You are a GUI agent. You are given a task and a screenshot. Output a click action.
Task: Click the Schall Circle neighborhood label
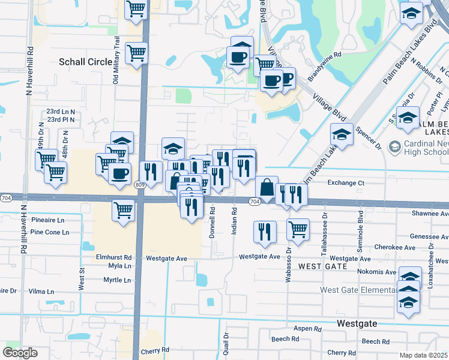point(85,62)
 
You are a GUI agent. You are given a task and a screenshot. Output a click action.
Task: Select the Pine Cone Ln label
point(50,232)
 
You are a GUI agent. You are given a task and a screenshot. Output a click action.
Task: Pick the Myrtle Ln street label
point(117,280)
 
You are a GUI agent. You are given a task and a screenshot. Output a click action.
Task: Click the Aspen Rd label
point(308,329)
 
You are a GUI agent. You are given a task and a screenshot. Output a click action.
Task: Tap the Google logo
point(20,353)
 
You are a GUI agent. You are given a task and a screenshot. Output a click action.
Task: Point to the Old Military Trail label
point(117,60)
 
